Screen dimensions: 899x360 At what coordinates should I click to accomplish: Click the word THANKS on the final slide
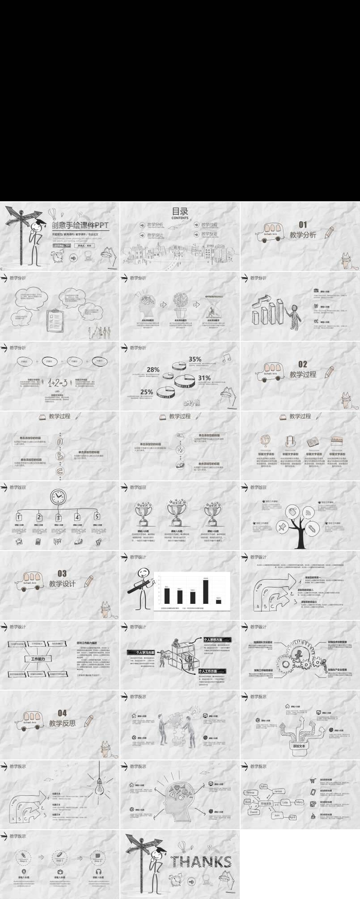pyautogui.click(x=201, y=861)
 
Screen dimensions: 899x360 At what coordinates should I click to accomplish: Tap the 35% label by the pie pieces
pyautogui.click(x=195, y=359)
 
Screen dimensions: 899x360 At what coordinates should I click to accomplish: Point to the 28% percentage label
pyautogui.click(x=153, y=369)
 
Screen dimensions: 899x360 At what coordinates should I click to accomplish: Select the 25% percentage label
pyautogui.click(x=147, y=392)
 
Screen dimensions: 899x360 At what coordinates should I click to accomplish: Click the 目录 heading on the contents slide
pyautogui.click(x=180, y=211)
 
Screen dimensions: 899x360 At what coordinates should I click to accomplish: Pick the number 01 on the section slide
pyautogui.click(x=303, y=225)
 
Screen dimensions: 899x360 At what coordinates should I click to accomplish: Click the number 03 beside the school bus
pyautogui.click(x=62, y=573)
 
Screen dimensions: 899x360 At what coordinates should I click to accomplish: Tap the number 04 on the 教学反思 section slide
pyautogui.click(x=62, y=713)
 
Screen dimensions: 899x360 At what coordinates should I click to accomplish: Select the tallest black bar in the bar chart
pyautogui.click(x=206, y=591)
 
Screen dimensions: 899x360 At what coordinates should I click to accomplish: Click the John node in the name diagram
pyautogui.click(x=263, y=786)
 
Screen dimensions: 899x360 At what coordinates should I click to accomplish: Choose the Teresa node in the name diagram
pyautogui.click(x=250, y=793)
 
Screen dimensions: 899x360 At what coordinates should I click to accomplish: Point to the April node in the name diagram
pyautogui.click(x=292, y=817)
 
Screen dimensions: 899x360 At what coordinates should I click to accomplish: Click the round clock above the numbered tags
pyautogui.click(x=58, y=496)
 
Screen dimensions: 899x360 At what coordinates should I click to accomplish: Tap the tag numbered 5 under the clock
pyautogui.click(x=97, y=517)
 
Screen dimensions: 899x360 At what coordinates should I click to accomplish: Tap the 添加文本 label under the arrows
pyautogui.click(x=299, y=746)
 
